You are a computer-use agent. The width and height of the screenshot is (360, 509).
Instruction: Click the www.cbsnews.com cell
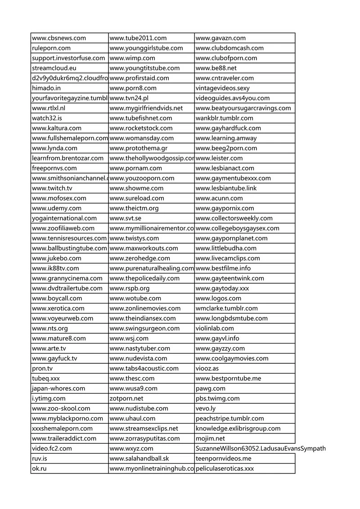pyautogui.click(x=58, y=38)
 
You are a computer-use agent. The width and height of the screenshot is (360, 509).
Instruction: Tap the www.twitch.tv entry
pyautogui.click(x=52, y=188)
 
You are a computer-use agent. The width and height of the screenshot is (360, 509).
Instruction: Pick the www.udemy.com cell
pyautogui.click(x=57, y=208)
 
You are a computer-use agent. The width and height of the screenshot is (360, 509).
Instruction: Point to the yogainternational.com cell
pyautogui.click(x=64, y=218)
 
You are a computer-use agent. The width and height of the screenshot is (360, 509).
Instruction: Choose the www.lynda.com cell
pyautogui.click(x=54, y=148)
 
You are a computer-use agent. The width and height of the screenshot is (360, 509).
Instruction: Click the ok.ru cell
pyautogui.click(x=40, y=469)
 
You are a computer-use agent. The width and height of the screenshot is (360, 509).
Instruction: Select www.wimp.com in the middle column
pyautogui.click(x=132, y=58)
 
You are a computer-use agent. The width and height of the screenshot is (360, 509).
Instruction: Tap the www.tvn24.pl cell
pyautogui.click(x=131, y=98)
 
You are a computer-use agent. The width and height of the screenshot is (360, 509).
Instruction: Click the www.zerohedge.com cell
pyautogui.click(x=140, y=258)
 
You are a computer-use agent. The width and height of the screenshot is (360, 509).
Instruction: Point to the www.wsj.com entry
pyautogui.click(x=129, y=338)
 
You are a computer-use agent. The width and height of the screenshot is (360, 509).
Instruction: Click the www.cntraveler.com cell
pyautogui.click(x=225, y=78)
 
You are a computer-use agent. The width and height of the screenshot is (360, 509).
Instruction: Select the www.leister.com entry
pyautogui.click(x=219, y=158)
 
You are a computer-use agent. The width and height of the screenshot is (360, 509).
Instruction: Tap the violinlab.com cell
pyautogui.click(x=215, y=328)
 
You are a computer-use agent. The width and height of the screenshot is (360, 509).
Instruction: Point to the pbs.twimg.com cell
pyautogui.click(x=217, y=398)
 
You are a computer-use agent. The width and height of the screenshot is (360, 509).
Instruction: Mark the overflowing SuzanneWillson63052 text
pyautogui.click(x=261, y=448)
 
